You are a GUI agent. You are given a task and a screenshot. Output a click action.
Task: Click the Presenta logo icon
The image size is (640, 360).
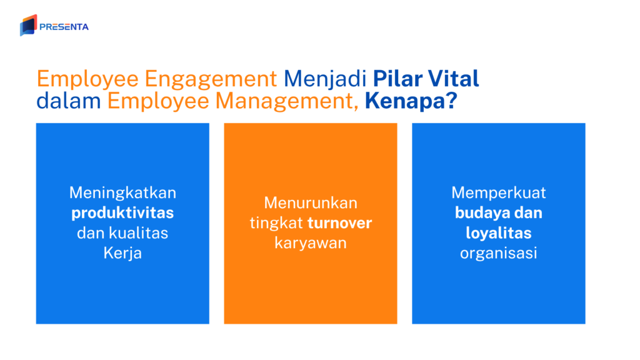pyautogui.click(x=28, y=26)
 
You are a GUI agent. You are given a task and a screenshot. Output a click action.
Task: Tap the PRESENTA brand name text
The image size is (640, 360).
pyautogui.click(x=64, y=27)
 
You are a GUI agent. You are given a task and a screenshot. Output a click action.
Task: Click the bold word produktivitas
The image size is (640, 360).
pyautogui.click(x=122, y=212)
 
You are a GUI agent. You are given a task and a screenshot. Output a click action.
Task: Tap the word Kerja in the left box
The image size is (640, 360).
pyautogui.click(x=122, y=254)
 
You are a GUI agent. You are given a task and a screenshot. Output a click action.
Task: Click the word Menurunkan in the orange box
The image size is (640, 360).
pyautogui.click(x=311, y=202)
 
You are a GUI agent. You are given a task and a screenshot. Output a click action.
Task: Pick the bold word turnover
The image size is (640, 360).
pyautogui.click(x=339, y=223)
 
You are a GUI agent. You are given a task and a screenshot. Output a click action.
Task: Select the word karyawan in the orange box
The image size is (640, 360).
pyautogui.click(x=311, y=243)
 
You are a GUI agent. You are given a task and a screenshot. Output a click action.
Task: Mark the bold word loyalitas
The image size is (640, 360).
pyautogui.click(x=499, y=233)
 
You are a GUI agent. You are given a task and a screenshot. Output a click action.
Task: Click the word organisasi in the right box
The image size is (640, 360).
pyautogui.click(x=499, y=254)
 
